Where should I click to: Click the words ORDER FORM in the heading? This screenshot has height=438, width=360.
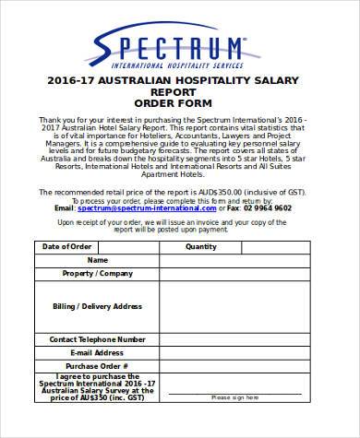tap(179, 103)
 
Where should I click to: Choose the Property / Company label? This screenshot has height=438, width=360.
tap(91, 275)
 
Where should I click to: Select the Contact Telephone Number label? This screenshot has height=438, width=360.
tap(91, 338)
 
